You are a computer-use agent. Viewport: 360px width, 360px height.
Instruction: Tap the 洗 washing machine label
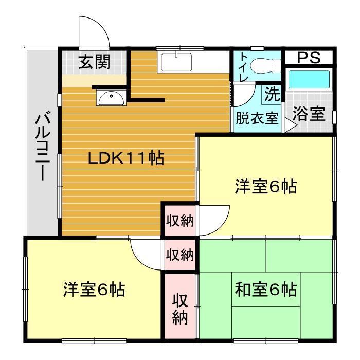point(272,94)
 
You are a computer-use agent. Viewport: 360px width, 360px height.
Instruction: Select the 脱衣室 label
point(257,118)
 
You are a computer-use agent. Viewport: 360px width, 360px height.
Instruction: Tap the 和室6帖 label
point(265,290)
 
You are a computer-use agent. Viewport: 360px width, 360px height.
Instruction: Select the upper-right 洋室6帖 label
point(266,187)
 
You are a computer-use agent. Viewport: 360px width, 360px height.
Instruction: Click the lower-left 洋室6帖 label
point(94,290)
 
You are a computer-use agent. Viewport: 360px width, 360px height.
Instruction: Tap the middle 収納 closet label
point(179,254)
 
